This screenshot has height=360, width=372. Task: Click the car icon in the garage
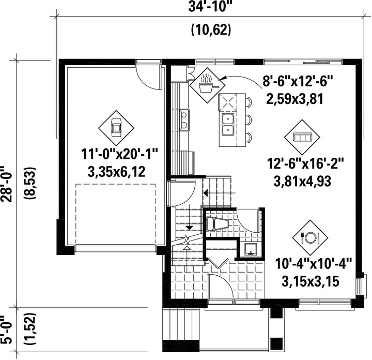tap(116, 128)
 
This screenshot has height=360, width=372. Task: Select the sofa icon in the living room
tap(302, 137)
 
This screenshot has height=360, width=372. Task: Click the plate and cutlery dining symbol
tap(310, 237)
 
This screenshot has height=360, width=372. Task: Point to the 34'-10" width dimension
tap(209, 6)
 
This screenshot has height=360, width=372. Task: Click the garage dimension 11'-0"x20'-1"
tap(119, 154)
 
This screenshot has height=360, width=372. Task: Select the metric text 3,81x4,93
tap(302, 182)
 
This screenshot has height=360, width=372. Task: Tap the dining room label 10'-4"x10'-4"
tap(313, 264)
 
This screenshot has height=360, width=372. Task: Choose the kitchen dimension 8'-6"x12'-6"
tap(298, 81)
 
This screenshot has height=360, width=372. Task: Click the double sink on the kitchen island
tap(228, 125)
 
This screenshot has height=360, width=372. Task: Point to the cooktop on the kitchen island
tap(228, 102)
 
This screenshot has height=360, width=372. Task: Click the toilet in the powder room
tap(217, 223)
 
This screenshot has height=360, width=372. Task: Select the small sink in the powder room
tap(250, 249)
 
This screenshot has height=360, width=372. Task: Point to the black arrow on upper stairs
tap(206, 193)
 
